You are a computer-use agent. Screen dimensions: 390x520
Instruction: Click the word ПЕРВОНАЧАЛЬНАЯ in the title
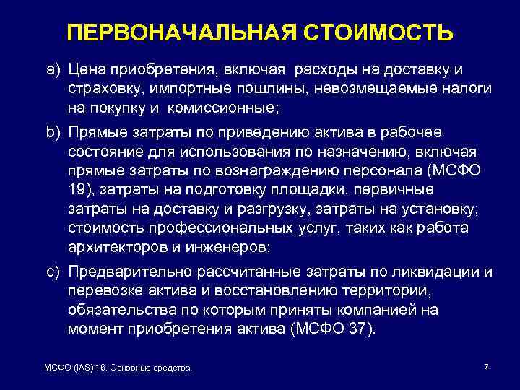180,33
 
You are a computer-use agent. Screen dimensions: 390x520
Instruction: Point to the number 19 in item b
77,190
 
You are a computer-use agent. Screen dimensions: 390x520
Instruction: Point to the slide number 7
486,367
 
